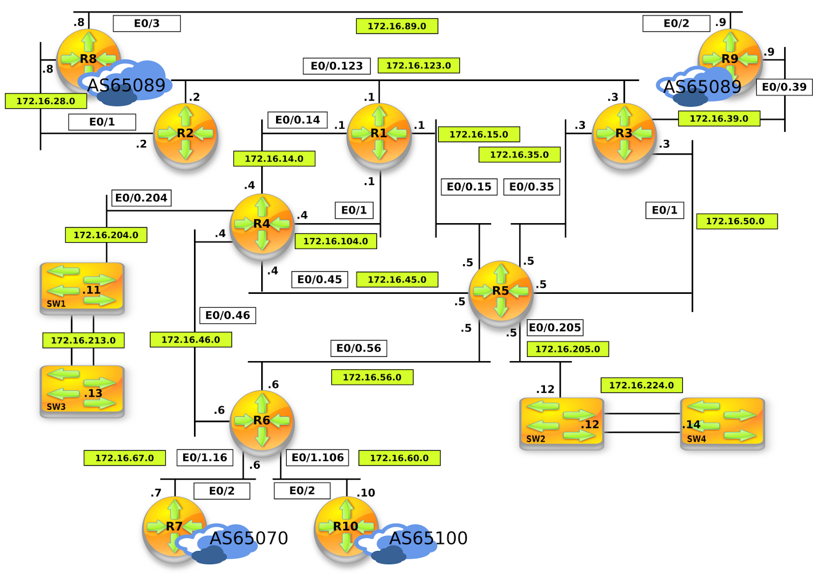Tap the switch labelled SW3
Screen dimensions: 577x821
click(82, 391)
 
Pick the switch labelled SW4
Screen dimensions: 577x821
click(722, 424)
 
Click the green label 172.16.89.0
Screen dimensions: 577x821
click(397, 26)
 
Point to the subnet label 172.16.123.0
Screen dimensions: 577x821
click(418, 66)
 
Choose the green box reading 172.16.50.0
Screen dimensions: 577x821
click(736, 221)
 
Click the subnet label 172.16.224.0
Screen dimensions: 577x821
click(641, 385)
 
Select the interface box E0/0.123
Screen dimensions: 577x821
click(337, 66)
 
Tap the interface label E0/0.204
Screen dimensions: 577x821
click(141, 198)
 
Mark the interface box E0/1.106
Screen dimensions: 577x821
click(318, 457)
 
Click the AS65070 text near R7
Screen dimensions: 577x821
click(249, 538)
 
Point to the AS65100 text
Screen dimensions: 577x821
click(428, 538)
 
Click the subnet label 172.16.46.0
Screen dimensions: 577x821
click(190, 340)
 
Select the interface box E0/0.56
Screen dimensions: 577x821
click(358, 348)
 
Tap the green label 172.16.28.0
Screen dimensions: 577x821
click(46, 101)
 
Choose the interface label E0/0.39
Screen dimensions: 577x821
click(784, 87)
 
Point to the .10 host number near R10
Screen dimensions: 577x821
click(366, 493)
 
